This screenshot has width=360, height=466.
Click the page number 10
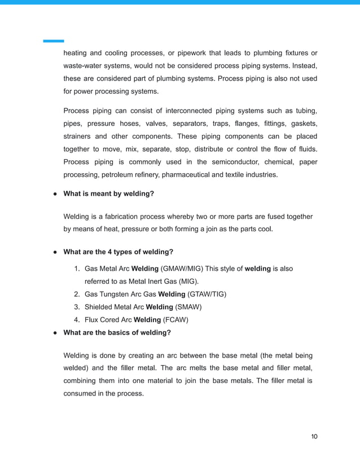tap(315, 436)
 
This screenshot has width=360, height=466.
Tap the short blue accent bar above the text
tap(54, 41)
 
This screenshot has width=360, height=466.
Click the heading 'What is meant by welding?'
tap(108, 194)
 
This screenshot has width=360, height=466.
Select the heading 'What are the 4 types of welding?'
tap(118, 252)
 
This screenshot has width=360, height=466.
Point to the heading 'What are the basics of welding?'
tap(117, 332)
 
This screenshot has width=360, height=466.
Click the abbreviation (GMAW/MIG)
tap(183, 269)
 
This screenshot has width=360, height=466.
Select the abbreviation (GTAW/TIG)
tap(207, 294)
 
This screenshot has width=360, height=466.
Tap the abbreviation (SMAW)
tap(188, 307)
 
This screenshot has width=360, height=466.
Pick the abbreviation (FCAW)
tap(175, 320)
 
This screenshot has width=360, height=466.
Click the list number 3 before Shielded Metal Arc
tap(76, 307)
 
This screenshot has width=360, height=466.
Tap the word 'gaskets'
tap(303, 124)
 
